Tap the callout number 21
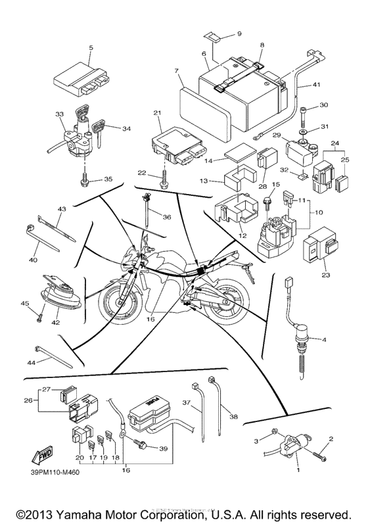157,114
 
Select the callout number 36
167,217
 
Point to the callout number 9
239,33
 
